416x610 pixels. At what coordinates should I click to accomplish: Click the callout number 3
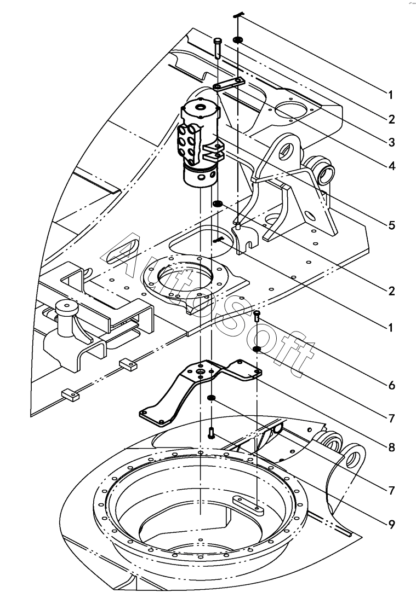pyautogui.click(x=391, y=142)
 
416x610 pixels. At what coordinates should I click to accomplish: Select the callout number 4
pyautogui.click(x=391, y=166)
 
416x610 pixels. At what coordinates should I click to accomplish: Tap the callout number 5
pyautogui.click(x=391, y=225)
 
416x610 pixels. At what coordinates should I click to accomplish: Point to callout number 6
pyautogui.click(x=391, y=385)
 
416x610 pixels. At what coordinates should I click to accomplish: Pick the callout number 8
pyautogui.click(x=391, y=448)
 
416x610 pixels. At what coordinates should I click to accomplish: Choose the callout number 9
pyautogui.click(x=391, y=525)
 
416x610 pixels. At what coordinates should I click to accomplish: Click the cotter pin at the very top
pyautogui.click(x=238, y=15)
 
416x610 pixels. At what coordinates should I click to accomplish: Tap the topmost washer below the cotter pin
pyautogui.click(x=237, y=40)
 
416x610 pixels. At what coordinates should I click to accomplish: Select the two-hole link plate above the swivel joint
pyautogui.click(x=229, y=84)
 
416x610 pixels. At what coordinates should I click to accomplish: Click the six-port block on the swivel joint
pyautogui.click(x=189, y=146)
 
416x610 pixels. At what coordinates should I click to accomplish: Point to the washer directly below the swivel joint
pyautogui.click(x=218, y=204)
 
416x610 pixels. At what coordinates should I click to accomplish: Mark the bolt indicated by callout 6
pyautogui.click(x=257, y=316)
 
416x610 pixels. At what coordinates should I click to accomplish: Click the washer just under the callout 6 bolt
pyautogui.click(x=257, y=349)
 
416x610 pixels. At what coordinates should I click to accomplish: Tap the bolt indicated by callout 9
pyautogui.click(x=212, y=433)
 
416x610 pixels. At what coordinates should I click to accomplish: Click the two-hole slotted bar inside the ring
pyautogui.click(x=248, y=504)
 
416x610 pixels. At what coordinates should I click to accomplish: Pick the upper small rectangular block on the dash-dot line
pyautogui.click(x=128, y=364)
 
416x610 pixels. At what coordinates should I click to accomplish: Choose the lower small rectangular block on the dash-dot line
pyautogui.click(x=70, y=395)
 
